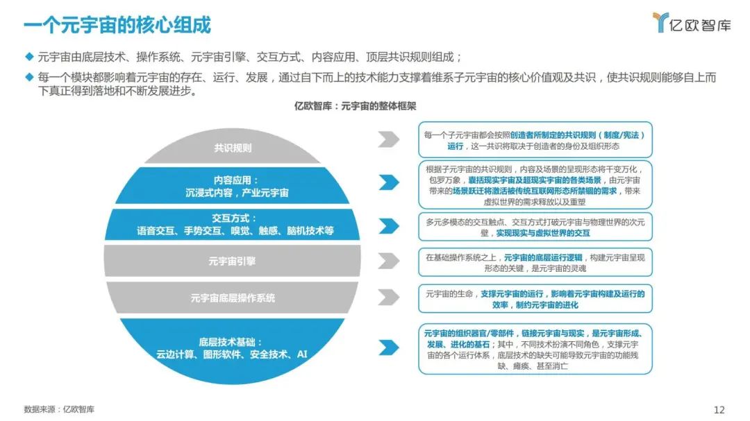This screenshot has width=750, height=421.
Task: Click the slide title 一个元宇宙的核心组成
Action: tap(117, 25)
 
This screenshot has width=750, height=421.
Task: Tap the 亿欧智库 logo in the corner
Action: tap(692, 23)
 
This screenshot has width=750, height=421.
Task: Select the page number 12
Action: tap(719, 409)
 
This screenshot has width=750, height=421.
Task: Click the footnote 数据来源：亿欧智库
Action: tap(59, 409)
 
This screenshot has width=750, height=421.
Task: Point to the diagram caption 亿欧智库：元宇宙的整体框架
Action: tap(355, 105)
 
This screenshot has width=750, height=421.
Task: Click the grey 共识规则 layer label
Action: tap(233, 148)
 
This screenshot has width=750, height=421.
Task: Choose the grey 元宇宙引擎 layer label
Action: tap(232, 261)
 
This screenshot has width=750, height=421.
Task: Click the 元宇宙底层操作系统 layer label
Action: tap(233, 298)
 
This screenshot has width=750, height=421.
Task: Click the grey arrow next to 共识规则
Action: tap(388, 139)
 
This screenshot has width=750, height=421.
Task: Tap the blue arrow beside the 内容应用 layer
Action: tap(388, 182)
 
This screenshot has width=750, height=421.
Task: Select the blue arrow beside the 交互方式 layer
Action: tap(388, 226)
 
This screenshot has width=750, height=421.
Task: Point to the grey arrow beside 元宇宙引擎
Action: tap(388, 261)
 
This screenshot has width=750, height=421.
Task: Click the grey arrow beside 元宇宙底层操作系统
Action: tap(388, 297)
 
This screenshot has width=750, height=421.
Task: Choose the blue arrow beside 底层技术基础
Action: tap(388, 347)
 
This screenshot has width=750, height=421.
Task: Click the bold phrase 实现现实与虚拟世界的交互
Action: tap(542, 234)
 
